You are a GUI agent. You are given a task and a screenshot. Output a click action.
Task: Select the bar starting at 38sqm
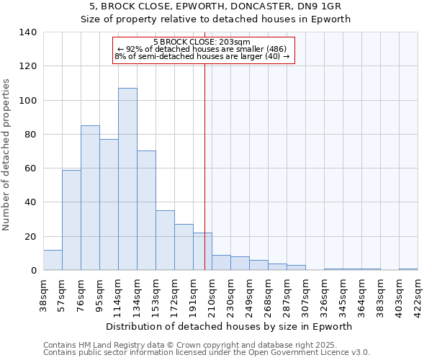pyautogui.click(x=53, y=260)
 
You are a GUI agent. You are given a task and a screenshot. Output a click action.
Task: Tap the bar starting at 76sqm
pyautogui.click(x=90, y=198)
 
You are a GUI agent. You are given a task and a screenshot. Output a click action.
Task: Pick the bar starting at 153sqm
pyautogui.click(x=165, y=240)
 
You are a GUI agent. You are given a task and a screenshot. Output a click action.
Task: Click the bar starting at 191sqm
pyautogui.click(x=202, y=251)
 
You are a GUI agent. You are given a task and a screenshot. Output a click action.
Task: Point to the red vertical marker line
pyautogui.click(x=205, y=166)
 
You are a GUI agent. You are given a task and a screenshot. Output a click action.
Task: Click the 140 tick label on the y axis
pyautogui.click(x=28, y=32)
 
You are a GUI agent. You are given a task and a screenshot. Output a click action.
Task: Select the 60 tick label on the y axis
pyautogui.click(x=31, y=168)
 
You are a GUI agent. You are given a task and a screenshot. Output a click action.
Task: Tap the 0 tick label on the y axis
pyautogui.click(x=34, y=271)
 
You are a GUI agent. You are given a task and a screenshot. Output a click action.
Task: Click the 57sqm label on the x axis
pyautogui.click(x=63, y=293)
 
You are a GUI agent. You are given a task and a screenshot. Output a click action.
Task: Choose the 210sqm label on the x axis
pyautogui.click(x=212, y=293)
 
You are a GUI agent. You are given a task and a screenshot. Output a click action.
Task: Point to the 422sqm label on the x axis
pyautogui.click(x=418, y=293)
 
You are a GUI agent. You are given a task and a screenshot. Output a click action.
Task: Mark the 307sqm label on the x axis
pyautogui.click(x=306, y=293)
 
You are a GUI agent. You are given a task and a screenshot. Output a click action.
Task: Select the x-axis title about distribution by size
pyautogui.click(x=233, y=326)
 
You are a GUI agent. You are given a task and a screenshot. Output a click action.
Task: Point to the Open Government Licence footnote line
pyautogui.click(x=206, y=353)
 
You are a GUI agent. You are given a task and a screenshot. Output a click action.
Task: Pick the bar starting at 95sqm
pyautogui.click(x=109, y=204)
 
